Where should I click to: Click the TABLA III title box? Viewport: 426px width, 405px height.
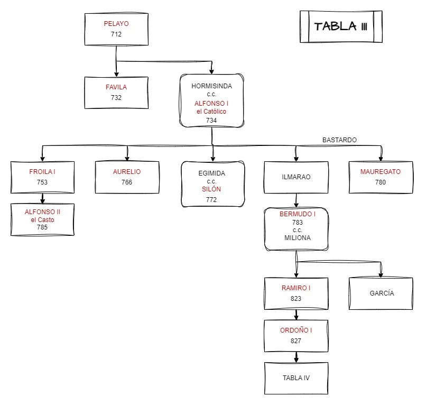pos(340,26)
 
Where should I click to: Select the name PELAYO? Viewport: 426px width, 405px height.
pos(116,24)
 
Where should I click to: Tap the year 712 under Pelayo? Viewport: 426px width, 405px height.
pos(116,34)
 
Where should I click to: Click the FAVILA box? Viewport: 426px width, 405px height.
pos(116,93)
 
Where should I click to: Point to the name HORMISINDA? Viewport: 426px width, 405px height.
pos(211,86)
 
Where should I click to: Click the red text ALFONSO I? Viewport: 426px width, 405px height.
pos(211,103)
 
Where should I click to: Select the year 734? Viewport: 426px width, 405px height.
pos(211,121)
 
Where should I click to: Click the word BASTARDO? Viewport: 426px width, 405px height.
pos(339,140)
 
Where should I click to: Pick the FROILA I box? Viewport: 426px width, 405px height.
pos(42,177)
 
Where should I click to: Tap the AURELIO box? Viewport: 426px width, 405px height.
pos(127,177)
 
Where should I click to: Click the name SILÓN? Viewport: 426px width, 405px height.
pos(211,189)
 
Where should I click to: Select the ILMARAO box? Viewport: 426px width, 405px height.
pos(296,177)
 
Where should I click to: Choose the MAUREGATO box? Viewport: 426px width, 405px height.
pos(381,177)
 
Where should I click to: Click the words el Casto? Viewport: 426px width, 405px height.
pos(42,219)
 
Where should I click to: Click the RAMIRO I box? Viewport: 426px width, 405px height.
pos(296,293)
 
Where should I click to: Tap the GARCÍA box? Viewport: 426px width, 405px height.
pos(381,293)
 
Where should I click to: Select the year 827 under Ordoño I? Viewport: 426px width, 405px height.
pos(296,341)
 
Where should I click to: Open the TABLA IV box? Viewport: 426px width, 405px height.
pos(296,378)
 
